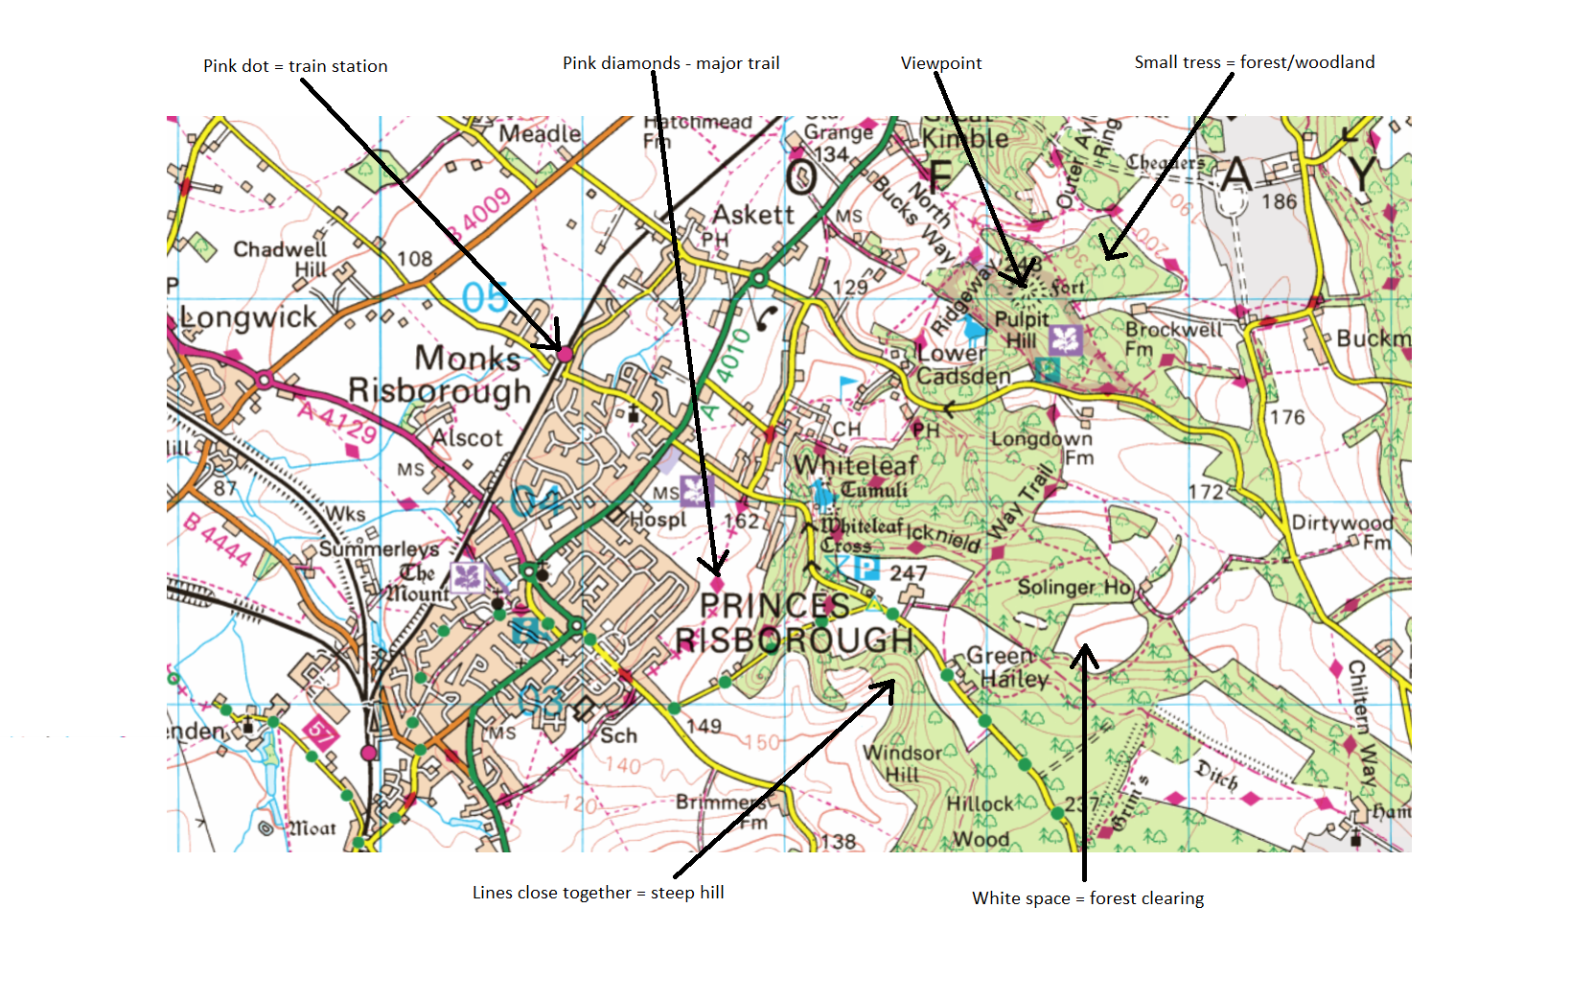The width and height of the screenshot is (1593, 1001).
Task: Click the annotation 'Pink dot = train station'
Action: click(x=295, y=66)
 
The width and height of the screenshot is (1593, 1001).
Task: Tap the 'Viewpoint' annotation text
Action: click(x=940, y=63)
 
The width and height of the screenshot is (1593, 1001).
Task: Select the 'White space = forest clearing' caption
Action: click(x=1088, y=898)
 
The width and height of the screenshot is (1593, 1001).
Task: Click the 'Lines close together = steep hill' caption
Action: click(x=598, y=893)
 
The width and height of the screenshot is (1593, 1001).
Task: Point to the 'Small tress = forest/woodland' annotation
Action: click(x=1254, y=62)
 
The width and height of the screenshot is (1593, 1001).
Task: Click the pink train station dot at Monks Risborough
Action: click(x=565, y=355)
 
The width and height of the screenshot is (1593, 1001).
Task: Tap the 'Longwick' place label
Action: click(x=249, y=317)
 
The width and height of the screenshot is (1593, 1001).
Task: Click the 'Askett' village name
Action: click(x=753, y=214)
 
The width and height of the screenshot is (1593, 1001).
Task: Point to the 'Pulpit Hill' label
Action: click(x=1021, y=329)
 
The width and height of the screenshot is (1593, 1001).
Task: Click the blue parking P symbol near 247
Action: click(x=866, y=569)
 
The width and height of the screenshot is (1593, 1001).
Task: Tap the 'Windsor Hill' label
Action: click(x=902, y=762)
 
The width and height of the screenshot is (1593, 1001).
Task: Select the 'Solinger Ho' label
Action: click(x=1074, y=587)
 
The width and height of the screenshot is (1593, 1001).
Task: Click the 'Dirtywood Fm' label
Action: click(x=1342, y=530)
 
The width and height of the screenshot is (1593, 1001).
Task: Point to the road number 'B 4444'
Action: click(x=218, y=540)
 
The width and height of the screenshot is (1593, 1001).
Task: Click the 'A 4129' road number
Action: click(x=336, y=421)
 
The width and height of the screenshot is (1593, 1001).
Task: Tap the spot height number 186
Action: click(x=1279, y=201)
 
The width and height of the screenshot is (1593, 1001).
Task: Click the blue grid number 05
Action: click(x=484, y=297)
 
